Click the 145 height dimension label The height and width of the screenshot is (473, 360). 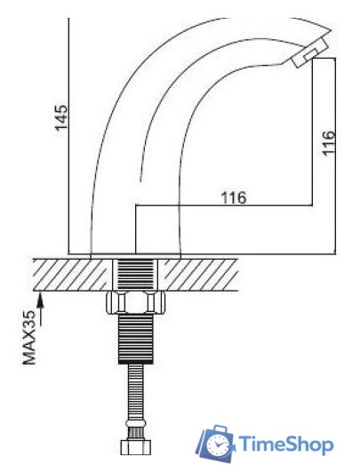[61, 117]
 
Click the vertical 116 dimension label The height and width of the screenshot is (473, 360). [328, 143]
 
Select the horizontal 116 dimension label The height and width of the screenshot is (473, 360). [234, 198]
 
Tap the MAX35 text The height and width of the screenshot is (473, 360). [29, 337]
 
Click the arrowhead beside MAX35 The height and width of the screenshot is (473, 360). [41, 301]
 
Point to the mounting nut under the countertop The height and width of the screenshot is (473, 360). [136, 302]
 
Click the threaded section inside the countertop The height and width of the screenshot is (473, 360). [135, 274]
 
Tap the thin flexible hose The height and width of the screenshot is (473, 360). [136, 392]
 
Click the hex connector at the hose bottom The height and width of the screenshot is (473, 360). [136, 447]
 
